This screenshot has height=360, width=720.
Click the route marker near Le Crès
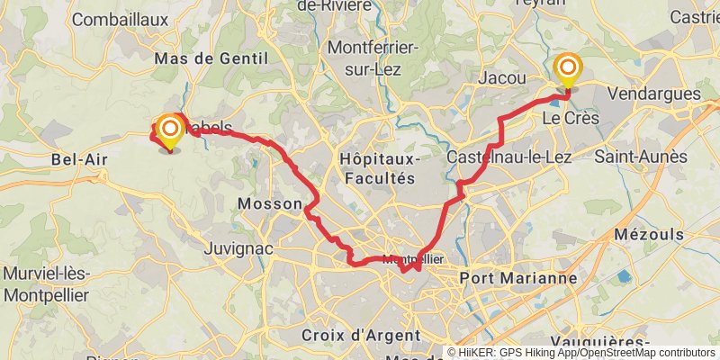(568, 69)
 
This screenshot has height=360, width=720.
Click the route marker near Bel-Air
(169, 130)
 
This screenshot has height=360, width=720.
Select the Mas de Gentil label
(212, 58)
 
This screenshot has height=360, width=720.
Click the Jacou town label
(503, 78)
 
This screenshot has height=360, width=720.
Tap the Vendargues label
(654, 94)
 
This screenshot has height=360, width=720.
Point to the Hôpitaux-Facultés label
(377, 167)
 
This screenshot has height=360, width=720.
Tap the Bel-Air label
(79, 160)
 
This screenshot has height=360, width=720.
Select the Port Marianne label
(517, 278)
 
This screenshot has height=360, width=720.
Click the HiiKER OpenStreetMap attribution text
(581, 353)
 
